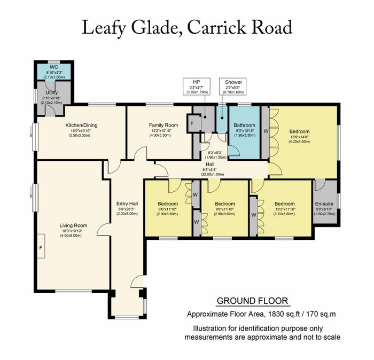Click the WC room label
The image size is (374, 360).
[x=54, y=67]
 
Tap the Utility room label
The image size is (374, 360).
[x=51, y=92]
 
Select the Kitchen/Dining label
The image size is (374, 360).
[x=81, y=125]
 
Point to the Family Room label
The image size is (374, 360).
[x=163, y=125]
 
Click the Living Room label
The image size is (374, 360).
[x=73, y=225]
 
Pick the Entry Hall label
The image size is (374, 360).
[x=127, y=204]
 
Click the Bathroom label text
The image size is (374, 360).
[x=244, y=125]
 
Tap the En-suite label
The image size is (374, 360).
[x=324, y=204]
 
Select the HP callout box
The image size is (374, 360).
[x=197, y=87]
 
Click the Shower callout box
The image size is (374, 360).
[x=233, y=87]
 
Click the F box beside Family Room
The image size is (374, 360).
[x=192, y=123]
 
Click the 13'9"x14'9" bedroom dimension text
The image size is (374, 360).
[x=299, y=137]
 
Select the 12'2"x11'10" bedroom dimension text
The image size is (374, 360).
[x=285, y=209]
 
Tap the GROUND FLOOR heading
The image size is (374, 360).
[x=252, y=301]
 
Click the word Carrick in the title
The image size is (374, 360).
[x=217, y=28]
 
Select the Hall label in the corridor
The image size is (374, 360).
[x=210, y=165]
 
